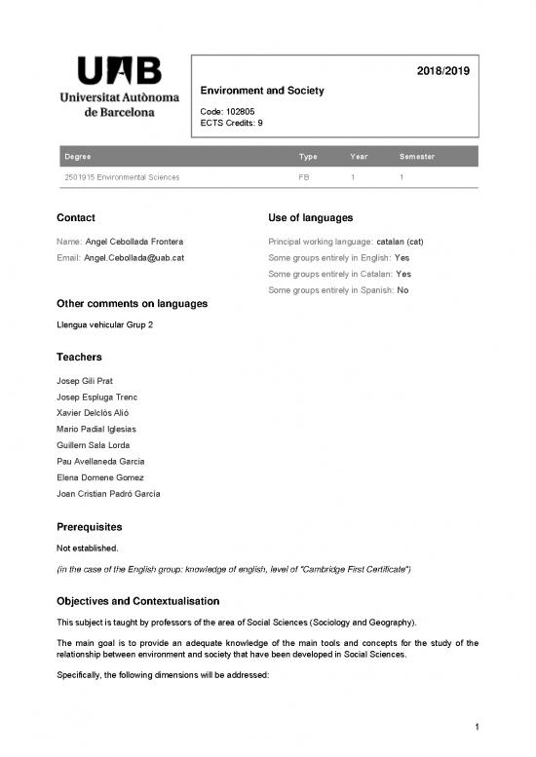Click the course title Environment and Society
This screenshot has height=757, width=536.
pyautogui.click(x=261, y=91)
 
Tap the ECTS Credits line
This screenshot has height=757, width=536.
pyautogui.click(x=231, y=123)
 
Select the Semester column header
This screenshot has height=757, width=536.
pyautogui.click(x=416, y=157)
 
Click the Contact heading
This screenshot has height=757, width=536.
pyautogui.click(x=76, y=217)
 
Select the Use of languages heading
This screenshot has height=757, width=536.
pyautogui.click(x=309, y=217)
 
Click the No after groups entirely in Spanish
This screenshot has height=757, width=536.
pyautogui.click(x=403, y=290)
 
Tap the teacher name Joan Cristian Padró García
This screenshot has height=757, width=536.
pyautogui.click(x=109, y=494)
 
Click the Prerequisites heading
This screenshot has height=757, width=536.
pyautogui.click(x=95, y=527)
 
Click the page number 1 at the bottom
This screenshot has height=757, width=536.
pyautogui.click(x=468, y=726)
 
